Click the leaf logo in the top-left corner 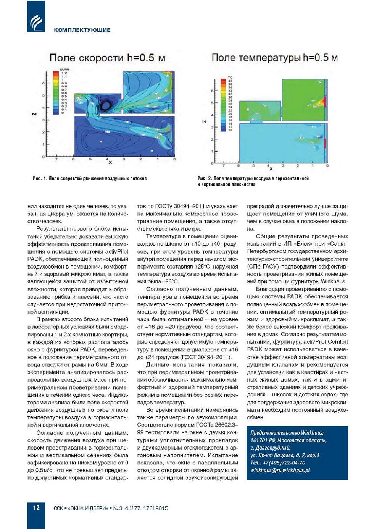(36, 21)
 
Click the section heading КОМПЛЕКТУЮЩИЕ (82, 30)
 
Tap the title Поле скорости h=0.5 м (107, 58)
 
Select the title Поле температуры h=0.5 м (274, 58)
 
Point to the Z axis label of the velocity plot (34, 114)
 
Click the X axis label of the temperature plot (271, 168)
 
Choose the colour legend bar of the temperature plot (223, 105)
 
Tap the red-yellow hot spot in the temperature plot (323, 101)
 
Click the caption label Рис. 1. (40, 178)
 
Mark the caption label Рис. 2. (204, 178)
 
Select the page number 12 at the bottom (36, 508)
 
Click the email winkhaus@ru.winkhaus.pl (280, 470)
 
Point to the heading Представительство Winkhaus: (287, 433)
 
